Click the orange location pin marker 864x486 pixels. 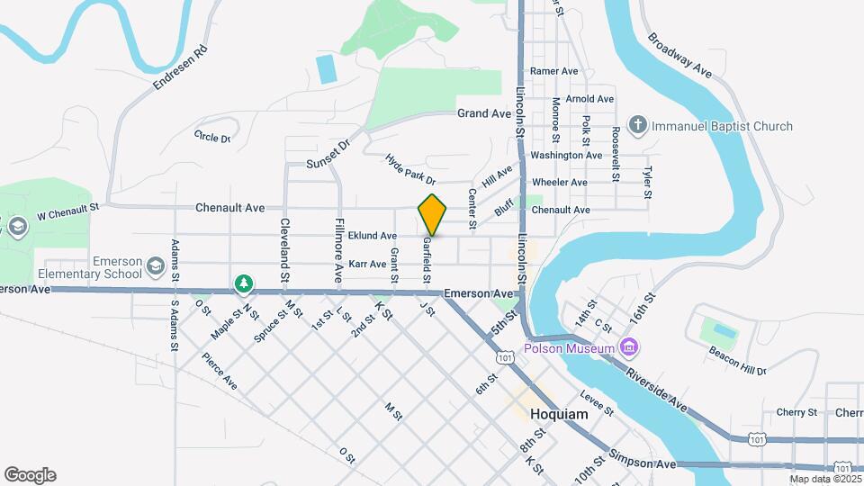[x=432, y=214]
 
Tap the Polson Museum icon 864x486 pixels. [x=629, y=347]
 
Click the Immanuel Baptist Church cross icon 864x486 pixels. [x=638, y=126]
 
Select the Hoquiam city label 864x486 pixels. [x=559, y=415]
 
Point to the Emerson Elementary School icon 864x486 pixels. [x=156, y=266]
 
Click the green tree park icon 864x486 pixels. [x=243, y=284]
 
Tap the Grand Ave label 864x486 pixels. [x=484, y=113]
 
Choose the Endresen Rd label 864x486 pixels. [x=180, y=67]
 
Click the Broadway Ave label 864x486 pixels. [x=679, y=56]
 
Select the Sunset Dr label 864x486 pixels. [x=327, y=155]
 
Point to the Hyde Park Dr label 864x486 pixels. [x=409, y=168]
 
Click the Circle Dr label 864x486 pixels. [x=212, y=137]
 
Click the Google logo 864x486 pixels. [x=30, y=474]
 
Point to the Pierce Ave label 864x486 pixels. [x=219, y=370]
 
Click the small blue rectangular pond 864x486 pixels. [x=326, y=67]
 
